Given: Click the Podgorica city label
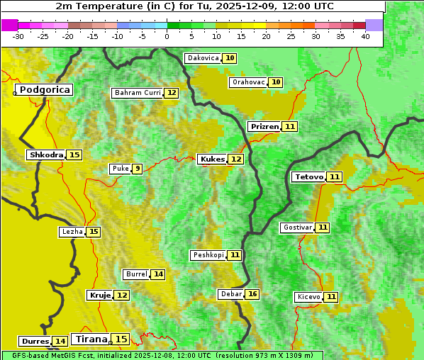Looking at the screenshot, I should coord(44,90).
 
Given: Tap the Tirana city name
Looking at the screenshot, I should coord(90,339).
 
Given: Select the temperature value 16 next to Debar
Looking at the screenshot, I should coord(252,294).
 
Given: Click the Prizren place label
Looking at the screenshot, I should coord(264,127).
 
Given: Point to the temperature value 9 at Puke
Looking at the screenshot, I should coord(137,169).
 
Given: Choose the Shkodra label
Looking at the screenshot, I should coord(46,154).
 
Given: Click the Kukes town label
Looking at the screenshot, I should coord(212,159).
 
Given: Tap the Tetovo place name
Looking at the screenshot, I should coord(308,176).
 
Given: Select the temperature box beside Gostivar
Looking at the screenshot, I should coord(323,227).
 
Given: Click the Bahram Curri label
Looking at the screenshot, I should coord(138,93).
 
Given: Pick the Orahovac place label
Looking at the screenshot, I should coord(248,82).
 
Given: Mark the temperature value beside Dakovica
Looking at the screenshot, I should coord(230,58).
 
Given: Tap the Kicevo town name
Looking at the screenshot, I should coord(308,297).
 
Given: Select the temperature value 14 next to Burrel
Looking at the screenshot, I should coord(158,274).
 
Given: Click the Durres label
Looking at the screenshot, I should coord(35,342).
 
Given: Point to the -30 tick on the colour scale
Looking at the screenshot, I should coord(18,36).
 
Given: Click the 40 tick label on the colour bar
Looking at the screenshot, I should coord(365,36).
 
